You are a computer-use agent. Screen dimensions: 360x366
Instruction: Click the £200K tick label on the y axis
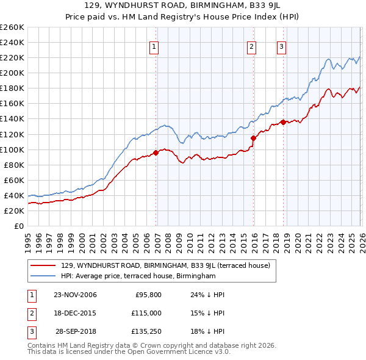point(12,73)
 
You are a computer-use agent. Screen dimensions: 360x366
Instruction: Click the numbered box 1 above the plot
point(154,46)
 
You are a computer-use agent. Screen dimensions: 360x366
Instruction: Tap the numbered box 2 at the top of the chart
point(251,46)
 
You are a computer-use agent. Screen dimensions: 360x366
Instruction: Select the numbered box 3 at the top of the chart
point(281,46)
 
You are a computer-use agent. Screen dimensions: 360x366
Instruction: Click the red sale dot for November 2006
point(156,153)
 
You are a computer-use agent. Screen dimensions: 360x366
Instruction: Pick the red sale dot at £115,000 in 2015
point(253,139)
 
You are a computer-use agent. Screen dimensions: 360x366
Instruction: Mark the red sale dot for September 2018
point(283,122)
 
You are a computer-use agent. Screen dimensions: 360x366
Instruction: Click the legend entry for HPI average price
point(138,276)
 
